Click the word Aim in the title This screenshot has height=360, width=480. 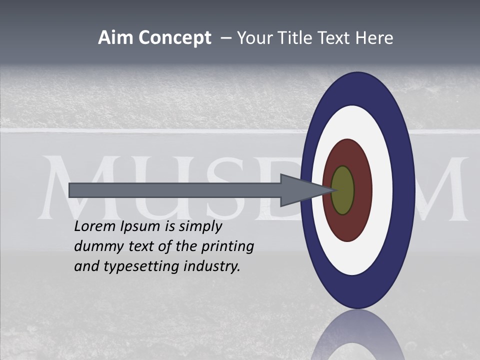(115, 38)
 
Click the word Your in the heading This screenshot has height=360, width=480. (253, 38)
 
